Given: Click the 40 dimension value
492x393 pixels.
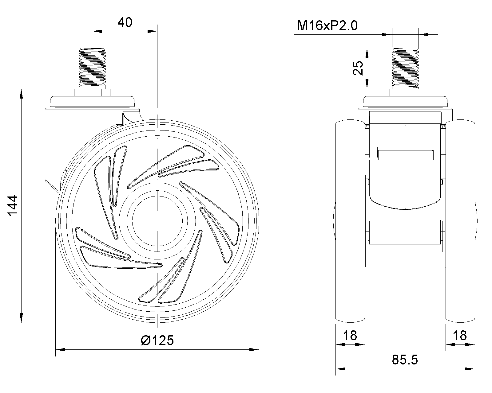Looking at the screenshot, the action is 125,22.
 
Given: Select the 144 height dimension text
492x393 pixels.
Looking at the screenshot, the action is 13,205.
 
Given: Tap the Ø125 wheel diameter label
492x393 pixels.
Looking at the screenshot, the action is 157,340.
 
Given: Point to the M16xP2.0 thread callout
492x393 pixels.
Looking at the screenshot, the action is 327,25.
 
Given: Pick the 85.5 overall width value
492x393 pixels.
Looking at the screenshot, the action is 405,360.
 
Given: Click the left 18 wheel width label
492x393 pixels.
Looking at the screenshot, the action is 350,336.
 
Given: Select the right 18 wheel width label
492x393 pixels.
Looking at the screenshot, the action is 460,336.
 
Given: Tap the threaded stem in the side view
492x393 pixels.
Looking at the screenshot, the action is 92,68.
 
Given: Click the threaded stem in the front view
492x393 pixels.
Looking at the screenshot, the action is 405,68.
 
